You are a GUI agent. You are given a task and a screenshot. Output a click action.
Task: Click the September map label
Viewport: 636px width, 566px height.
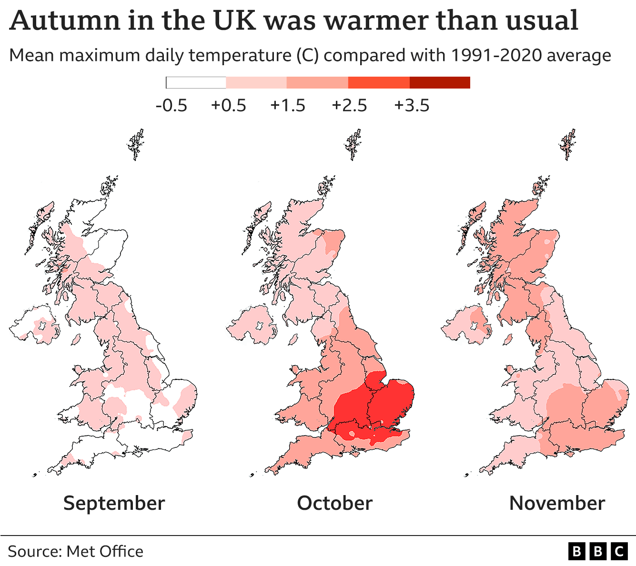pyautogui.click(x=114, y=503)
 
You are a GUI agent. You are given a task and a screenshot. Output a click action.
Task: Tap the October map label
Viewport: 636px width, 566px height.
pyautogui.click(x=334, y=503)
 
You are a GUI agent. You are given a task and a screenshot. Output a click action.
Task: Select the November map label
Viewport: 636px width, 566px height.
pyautogui.click(x=557, y=503)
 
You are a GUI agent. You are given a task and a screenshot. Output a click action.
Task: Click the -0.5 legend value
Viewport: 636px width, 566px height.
pyautogui.click(x=172, y=105)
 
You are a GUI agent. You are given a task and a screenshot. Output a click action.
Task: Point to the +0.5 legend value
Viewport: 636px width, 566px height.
pyautogui.click(x=229, y=105)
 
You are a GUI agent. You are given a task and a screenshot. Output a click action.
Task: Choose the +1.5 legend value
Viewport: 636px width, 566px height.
pyautogui.click(x=288, y=105)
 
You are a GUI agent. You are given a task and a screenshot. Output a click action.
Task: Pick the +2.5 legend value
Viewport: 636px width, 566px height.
pyautogui.click(x=349, y=105)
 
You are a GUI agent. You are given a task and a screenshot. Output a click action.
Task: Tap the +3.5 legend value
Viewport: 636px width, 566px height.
pyautogui.click(x=412, y=105)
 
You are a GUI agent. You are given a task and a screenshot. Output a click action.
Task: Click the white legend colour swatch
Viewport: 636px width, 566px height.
pyautogui.click(x=196, y=83)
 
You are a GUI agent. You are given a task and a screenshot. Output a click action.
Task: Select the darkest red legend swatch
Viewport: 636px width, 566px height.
pyautogui.click(x=440, y=83)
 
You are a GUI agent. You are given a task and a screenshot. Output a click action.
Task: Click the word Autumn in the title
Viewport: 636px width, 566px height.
pyautogui.click(x=64, y=21)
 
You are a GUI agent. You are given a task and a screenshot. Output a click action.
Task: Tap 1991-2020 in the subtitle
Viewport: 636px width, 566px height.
pyautogui.click(x=496, y=56)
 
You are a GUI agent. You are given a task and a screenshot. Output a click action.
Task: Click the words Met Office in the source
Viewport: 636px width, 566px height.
pyautogui.click(x=105, y=551)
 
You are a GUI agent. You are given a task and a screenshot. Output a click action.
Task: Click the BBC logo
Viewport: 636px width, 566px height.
pyautogui.click(x=598, y=551)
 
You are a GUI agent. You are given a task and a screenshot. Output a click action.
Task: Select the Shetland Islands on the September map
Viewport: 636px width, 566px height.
pyautogui.click(x=136, y=143)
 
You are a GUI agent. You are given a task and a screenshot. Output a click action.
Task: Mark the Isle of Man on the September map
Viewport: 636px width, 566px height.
pyautogui.click(x=75, y=340)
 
